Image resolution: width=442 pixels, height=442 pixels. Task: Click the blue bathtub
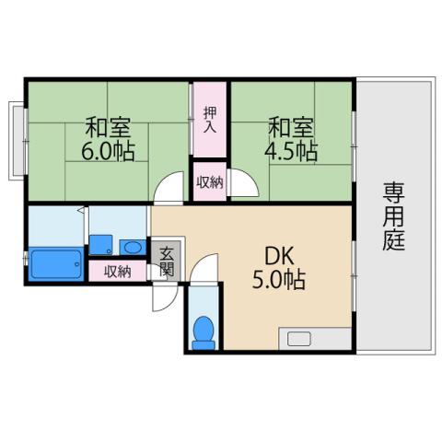(x=57, y=262)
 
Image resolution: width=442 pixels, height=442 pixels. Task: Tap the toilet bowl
(x=204, y=331)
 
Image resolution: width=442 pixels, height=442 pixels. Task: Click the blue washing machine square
(x=101, y=245)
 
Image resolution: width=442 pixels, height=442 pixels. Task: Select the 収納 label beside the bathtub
(x=117, y=271)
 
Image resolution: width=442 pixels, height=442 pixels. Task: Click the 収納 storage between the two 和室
(x=209, y=181)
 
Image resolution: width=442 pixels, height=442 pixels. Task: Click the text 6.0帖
(x=109, y=151)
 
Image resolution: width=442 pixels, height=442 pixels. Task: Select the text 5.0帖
(x=281, y=278)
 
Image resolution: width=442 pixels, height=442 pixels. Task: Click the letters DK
(x=279, y=253)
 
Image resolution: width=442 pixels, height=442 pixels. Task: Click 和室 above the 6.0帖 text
(x=109, y=125)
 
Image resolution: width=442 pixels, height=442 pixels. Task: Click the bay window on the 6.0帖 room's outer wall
(x=17, y=140)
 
